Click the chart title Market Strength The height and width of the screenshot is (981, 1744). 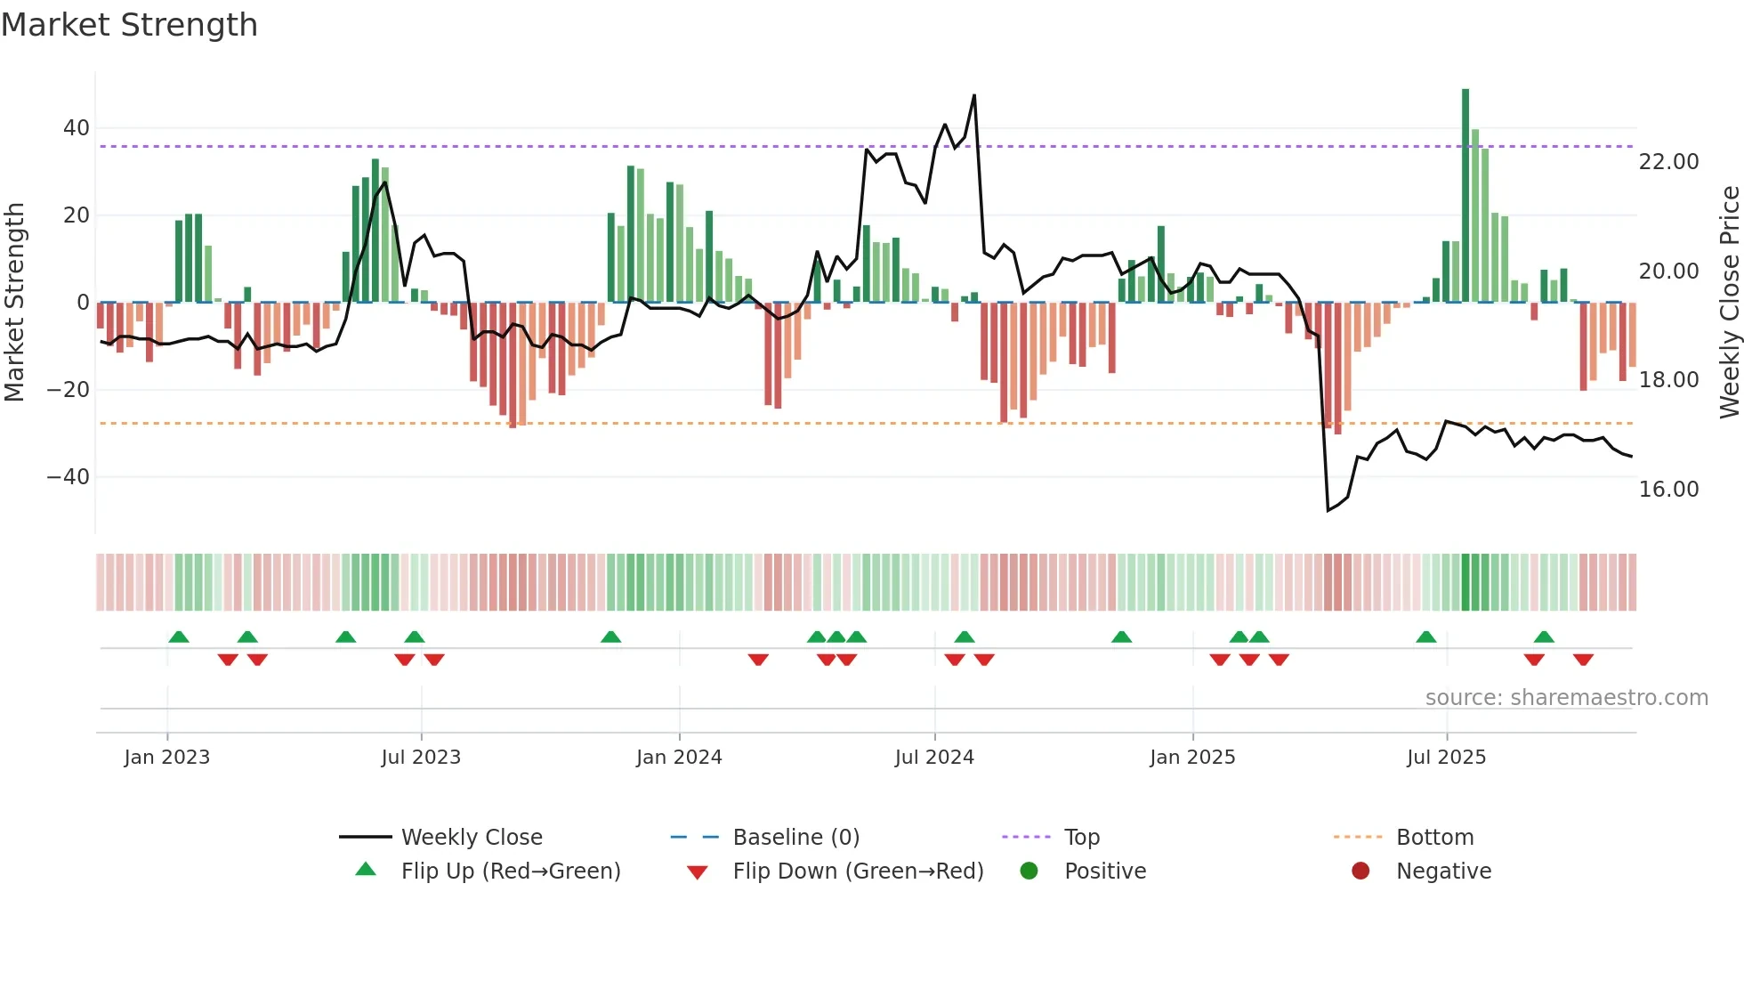tap(129, 25)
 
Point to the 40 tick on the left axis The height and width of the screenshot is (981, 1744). tap(77, 128)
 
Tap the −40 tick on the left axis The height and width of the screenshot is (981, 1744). tap(69, 477)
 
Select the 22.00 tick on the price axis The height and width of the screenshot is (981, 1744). tap(1668, 162)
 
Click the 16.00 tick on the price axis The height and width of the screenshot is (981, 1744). tap(1668, 490)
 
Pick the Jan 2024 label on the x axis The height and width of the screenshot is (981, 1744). tap(679, 758)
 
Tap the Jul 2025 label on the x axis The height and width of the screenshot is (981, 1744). tap(1446, 758)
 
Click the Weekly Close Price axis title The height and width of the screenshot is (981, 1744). tap(1729, 303)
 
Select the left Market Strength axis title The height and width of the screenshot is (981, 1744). tap(15, 303)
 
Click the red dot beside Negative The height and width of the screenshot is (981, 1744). tap(1360, 872)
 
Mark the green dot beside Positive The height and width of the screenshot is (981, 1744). tap(1029, 872)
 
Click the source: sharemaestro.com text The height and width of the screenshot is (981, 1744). tap(1566, 698)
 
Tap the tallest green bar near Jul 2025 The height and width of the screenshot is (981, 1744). tap(1465, 196)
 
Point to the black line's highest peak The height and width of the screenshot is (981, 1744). tap(974, 96)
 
